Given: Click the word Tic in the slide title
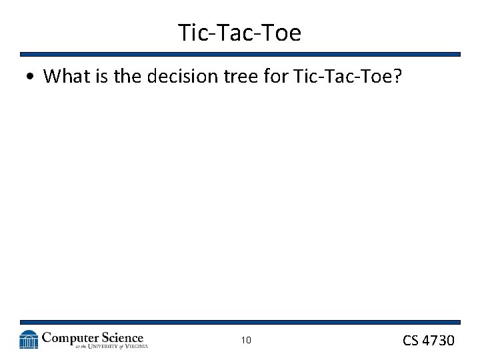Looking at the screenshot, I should pos(193,32).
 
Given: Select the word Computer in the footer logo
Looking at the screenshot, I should pos(71,337).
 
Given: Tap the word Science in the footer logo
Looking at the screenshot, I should pos(122,337).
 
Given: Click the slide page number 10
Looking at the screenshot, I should pos(246,341).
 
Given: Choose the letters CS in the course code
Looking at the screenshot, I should pos(411,341).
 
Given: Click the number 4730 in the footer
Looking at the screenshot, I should pos(438,341).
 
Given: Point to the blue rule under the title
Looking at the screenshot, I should pos(240,55).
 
